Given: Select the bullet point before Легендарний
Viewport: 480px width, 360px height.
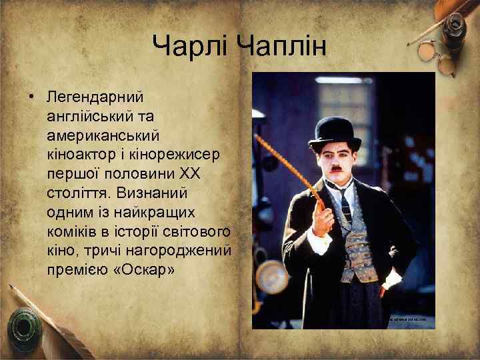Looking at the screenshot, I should (x=31, y=97).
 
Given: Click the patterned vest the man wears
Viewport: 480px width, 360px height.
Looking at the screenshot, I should (x=360, y=247).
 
